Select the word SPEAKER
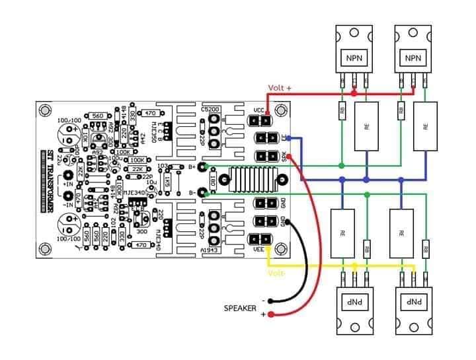pyautogui.click(x=240, y=308)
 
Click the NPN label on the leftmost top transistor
pyautogui.click(x=353, y=59)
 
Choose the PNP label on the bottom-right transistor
pyautogui.click(x=411, y=303)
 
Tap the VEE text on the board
pyautogui.click(x=258, y=250)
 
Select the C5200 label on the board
pyautogui.click(x=212, y=109)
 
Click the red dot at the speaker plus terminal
pyautogui.click(x=272, y=315)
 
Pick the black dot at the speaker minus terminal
pyautogui.click(x=272, y=301)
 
